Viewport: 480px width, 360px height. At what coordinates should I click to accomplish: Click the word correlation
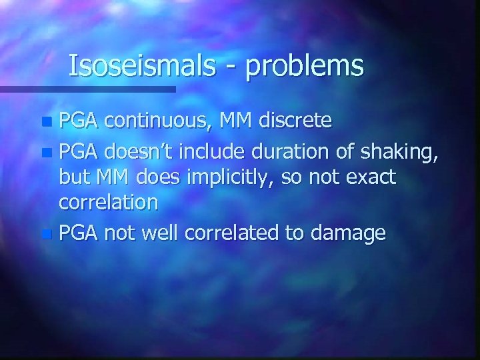coord(109,203)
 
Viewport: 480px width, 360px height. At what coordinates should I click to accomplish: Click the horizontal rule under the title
coord(87,88)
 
